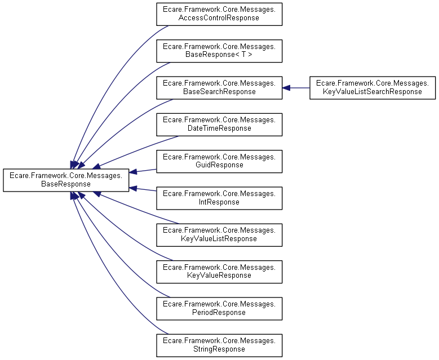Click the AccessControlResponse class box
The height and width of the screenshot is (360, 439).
coord(219,14)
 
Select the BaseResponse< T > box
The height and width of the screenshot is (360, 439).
coord(219,51)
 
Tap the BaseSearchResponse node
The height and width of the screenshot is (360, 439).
coord(219,87)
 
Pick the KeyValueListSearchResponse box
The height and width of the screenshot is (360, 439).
coord(373,87)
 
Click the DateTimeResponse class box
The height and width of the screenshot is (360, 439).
coord(219,124)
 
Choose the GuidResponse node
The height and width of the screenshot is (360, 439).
coord(219,161)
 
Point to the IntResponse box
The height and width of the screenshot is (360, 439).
coord(219,198)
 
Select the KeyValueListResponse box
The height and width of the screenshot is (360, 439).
coord(219,234)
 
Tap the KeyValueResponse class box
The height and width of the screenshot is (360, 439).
coord(219,271)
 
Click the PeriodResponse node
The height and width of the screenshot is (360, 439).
coord(219,308)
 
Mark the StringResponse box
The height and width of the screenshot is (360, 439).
coord(219,345)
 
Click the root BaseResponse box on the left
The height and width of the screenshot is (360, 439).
coord(66,180)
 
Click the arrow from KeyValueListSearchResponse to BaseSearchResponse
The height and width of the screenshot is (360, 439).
coord(296,88)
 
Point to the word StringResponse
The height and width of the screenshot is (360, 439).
coord(219,349)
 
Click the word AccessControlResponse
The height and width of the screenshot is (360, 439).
coord(219,18)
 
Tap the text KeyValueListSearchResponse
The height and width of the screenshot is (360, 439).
coord(373,92)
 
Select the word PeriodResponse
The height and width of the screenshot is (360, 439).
coord(219,313)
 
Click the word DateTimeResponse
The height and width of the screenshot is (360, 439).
coord(219,128)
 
